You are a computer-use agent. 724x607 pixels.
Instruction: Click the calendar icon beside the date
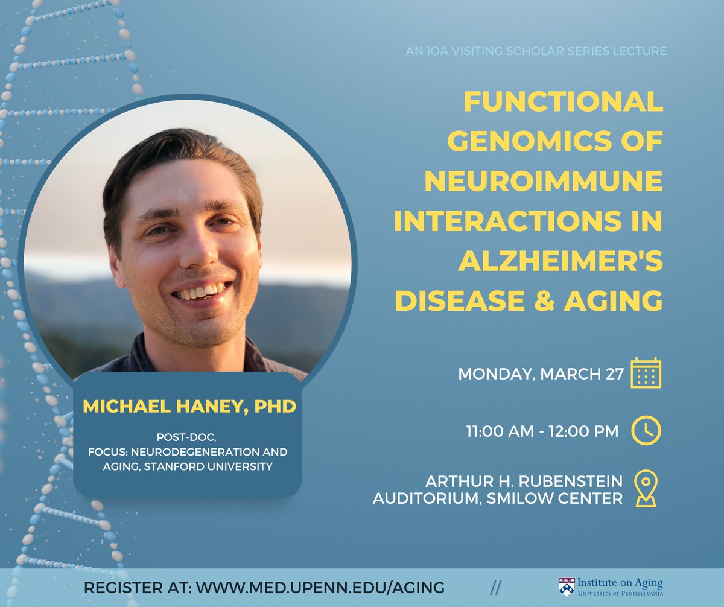click(646, 373)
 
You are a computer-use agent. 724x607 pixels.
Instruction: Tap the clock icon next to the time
click(646, 431)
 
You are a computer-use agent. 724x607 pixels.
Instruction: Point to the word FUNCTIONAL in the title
click(563, 101)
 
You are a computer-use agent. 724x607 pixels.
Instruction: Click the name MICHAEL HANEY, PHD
click(189, 406)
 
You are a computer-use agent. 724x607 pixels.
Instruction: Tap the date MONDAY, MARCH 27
click(541, 373)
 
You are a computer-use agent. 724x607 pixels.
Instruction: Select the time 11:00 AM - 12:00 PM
click(542, 431)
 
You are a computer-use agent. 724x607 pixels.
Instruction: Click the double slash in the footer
click(496, 587)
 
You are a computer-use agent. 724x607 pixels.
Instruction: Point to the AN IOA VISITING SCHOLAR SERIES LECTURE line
click(537, 51)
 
